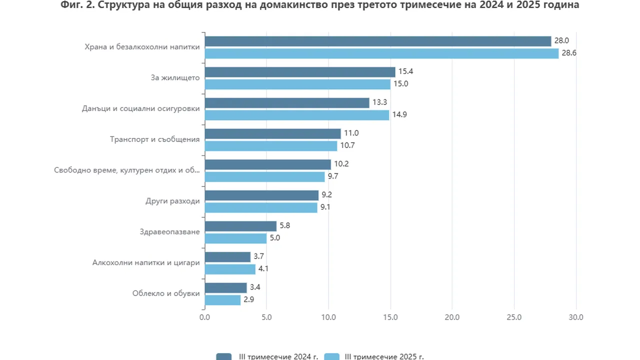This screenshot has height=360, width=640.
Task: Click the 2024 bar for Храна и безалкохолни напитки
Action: pos(377,41)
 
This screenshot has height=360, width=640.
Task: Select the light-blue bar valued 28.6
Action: pos(381,53)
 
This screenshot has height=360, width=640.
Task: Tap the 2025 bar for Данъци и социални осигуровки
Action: pos(297,115)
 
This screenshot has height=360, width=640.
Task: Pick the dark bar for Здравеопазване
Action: pos(240,226)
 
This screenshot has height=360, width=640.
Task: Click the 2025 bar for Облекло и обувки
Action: pos(222,300)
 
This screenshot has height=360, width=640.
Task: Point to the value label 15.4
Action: pos(405,71)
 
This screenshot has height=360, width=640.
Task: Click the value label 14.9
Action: pos(399,115)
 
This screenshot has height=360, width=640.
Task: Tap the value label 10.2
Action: pos(341,164)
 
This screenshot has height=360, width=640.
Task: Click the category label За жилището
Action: pos(175,77)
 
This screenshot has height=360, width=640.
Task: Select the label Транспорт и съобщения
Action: pos(154,139)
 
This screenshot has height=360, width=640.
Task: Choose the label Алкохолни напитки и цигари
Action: pos(146,262)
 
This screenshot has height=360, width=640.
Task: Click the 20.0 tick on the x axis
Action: pos(452,317)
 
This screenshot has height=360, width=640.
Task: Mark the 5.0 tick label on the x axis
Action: pos(266,317)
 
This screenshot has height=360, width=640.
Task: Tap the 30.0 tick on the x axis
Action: pos(576,317)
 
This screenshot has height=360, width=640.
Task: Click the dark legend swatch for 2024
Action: pos(223,356)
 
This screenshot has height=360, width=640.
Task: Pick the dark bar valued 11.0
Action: pos(272,133)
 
